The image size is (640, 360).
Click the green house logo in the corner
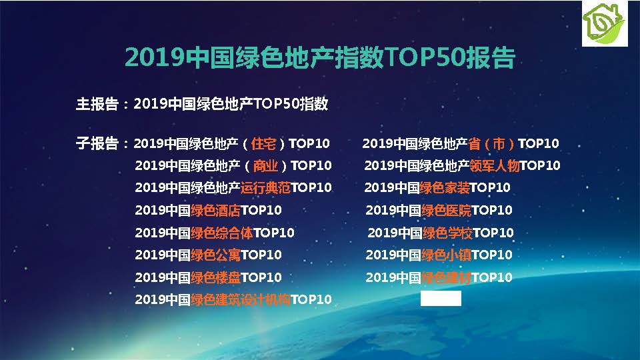pos(605,23)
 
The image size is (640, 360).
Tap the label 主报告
pos(97,104)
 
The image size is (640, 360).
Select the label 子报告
pos(97,143)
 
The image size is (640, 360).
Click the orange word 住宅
pos(263,144)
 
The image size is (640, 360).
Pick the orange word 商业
pos(265,166)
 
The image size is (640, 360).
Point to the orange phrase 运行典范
pos(265,188)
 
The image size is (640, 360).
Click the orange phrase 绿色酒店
pos(215,210)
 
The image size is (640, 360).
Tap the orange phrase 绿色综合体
pos(221,233)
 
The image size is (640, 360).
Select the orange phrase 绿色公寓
pos(215,255)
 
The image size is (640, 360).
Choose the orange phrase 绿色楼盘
pos(215,277)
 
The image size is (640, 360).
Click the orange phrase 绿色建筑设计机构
pos(241,299)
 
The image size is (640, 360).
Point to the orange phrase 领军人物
pos(494,166)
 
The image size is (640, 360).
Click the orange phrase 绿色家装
pos(445,188)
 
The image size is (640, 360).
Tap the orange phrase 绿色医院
pos(446,210)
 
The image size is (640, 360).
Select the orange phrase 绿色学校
pos(448,233)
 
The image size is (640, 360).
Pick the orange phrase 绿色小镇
pos(446,255)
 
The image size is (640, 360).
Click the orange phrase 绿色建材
pos(446,277)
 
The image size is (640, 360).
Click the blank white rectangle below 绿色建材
pos(441,299)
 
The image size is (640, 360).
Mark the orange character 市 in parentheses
pos(499,144)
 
